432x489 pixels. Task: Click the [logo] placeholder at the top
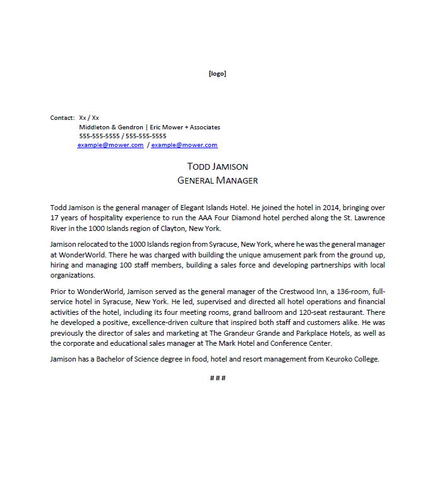(217, 74)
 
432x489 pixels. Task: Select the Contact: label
(63, 118)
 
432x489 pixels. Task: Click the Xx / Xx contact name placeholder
(89, 118)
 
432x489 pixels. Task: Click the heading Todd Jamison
(217, 167)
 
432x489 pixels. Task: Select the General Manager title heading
(217, 180)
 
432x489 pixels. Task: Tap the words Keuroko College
(351, 359)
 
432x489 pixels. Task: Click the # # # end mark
(217, 378)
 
